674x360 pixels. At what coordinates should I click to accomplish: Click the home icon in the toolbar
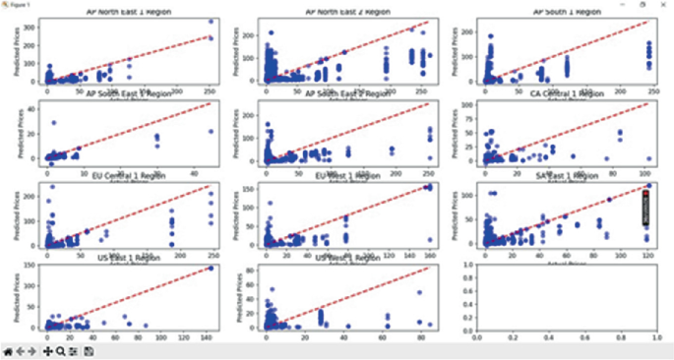click(8, 350)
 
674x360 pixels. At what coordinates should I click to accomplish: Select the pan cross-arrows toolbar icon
click(47, 350)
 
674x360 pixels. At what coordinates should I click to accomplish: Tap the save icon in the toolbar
click(89, 350)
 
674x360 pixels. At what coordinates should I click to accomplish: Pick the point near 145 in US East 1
click(211, 269)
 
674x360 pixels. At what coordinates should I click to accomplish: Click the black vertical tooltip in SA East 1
click(645, 208)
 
